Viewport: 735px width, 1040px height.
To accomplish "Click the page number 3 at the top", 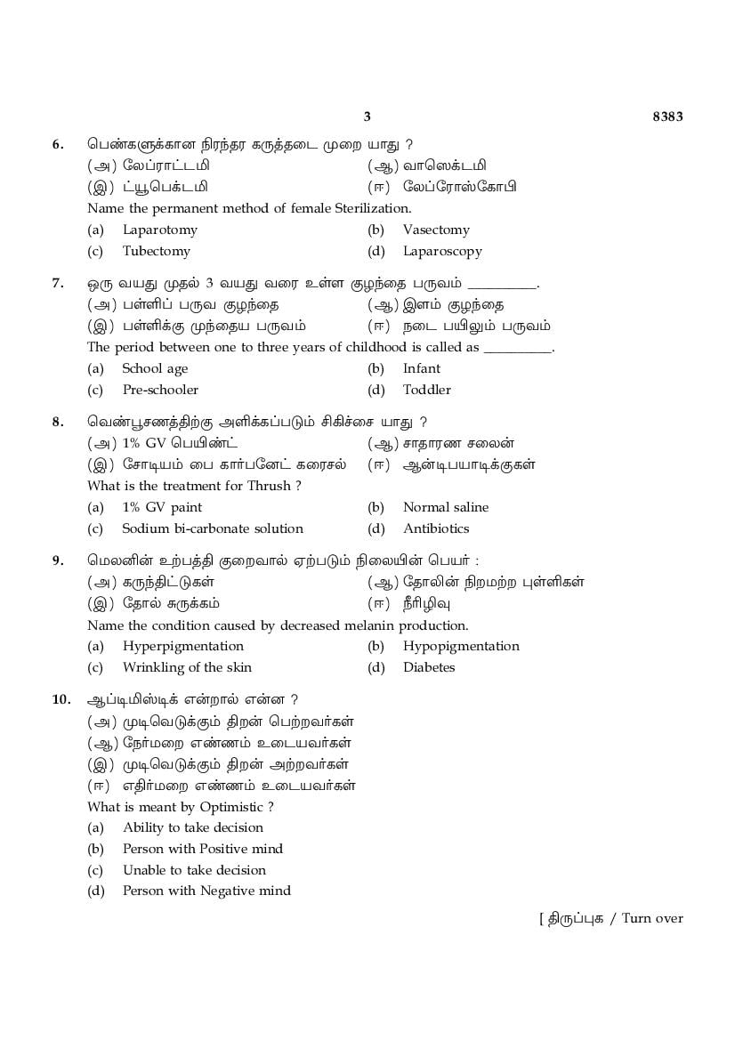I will click(367, 117).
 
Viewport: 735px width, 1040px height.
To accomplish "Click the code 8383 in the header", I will click(667, 117).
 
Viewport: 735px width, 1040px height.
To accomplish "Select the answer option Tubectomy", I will click(156, 251).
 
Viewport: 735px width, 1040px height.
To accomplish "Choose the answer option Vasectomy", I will click(435, 230).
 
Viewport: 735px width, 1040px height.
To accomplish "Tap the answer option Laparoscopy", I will click(442, 251).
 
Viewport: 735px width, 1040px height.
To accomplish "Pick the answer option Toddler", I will click(426, 390).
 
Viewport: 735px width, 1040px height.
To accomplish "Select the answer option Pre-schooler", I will click(160, 390).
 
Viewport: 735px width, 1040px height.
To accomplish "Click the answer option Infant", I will click(421, 368).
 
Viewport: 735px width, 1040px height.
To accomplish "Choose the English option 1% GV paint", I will click(162, 507).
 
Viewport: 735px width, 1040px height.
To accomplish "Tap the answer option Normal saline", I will click(445, 507).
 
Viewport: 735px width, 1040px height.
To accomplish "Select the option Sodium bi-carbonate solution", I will click(213, 528).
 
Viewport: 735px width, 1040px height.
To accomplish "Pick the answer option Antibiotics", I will click(435, 528).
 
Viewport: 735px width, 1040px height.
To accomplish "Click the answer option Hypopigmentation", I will click(461, 646).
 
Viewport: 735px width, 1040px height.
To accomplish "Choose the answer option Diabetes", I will click(428, 667).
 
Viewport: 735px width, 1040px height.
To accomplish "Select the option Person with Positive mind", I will click(202, 849).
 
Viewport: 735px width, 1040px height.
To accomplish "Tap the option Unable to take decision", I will click(194, 870).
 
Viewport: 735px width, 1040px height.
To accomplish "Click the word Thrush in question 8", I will click(273, 486).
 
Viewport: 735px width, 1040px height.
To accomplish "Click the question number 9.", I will click(58, 560).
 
